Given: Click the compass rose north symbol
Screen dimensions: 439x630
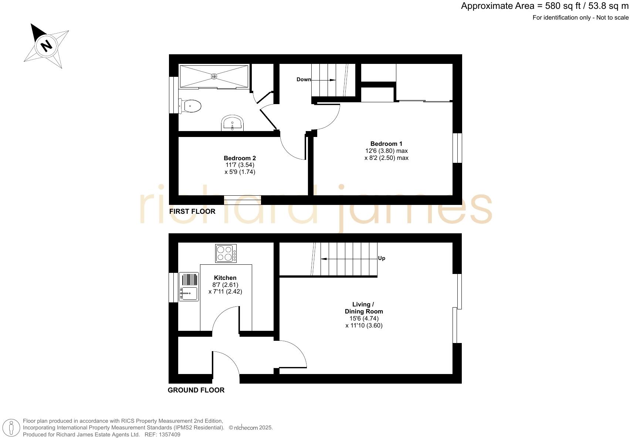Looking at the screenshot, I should click(x=46, y=46).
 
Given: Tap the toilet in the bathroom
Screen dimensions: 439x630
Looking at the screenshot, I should click(x=191, y=106).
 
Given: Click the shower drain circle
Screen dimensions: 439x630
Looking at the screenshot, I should click(x=214, y=76).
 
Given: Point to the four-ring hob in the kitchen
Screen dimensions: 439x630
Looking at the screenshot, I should click(x=226, y=253).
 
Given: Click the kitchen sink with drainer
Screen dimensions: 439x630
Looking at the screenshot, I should click(x=189, y=287).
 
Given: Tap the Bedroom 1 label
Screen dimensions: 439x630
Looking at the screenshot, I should click(x=386, y=144).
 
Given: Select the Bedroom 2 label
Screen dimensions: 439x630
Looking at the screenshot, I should click(x=240, y=158).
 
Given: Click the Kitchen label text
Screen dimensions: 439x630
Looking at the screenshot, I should click(x=225, y=278).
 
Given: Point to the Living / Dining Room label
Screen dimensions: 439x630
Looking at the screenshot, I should click(x=364, y=308).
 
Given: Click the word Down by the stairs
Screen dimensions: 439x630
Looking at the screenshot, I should click(x=304, y=79).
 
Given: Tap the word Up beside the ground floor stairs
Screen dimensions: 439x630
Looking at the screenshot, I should click(x=382, y=258).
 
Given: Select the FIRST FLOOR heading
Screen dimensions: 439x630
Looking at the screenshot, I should click(x=192, y=211).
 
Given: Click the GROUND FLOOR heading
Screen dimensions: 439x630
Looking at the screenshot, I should click(x=196, y=390).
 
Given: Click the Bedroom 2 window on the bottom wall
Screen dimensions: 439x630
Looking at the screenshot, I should click(x=243, y=200).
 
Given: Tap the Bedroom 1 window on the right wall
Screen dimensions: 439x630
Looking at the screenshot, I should click(x=457, y=148).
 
